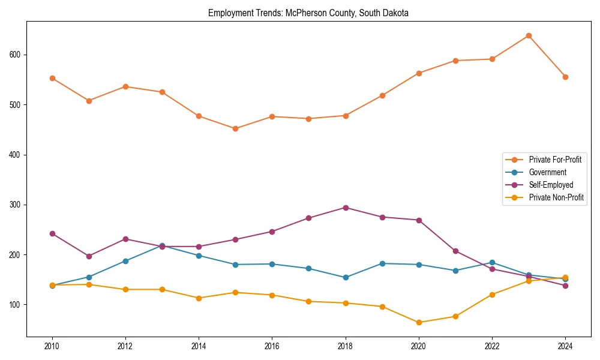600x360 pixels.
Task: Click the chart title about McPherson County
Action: click(x=308, y=13)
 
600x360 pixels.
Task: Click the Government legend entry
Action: click(x=547, y=172)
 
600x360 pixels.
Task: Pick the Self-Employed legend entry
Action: click(x=551, y=185)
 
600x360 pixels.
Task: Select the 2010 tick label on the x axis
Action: click(x=52, y=346)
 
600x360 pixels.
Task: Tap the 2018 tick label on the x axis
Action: click(x=346, y=346)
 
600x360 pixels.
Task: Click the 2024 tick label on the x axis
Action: click(x=565, y=346)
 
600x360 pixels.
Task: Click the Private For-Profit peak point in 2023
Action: click(x=529, y=35)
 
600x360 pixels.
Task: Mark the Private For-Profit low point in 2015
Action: click(x=235, y=128)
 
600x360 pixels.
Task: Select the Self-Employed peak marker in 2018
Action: click(x=346, y=208)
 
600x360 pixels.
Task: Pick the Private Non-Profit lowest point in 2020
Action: click(x=419, y=322)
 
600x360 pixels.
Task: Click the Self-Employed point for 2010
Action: click(x=52, y=233)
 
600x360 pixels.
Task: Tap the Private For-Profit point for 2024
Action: click(x=565, y=77)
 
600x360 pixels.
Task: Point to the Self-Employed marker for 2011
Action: click(x=89, y=256)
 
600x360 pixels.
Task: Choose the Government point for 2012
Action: click(x=125, y=261)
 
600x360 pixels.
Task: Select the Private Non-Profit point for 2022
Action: click(x=492, y=295)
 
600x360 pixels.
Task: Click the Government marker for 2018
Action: click(x=346, y=277)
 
